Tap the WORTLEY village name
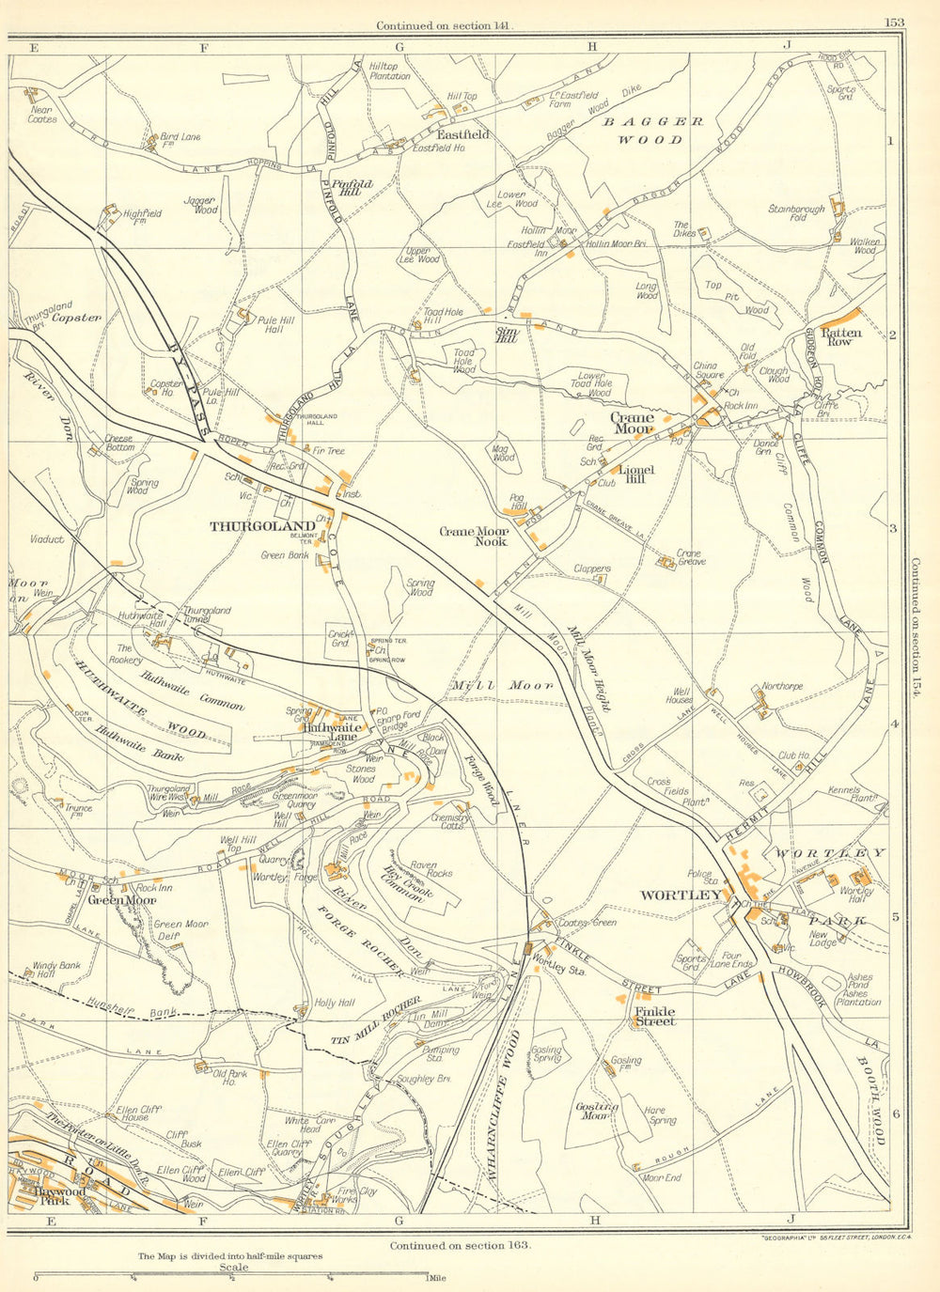click(x=681, y=895)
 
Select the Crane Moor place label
click(x=633, y=423)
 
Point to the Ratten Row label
click(x=841, y=336)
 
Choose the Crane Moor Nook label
click(x=474, y=537)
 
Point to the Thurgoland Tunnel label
click(x=208, y=615)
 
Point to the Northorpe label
click(x=782, y=687)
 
